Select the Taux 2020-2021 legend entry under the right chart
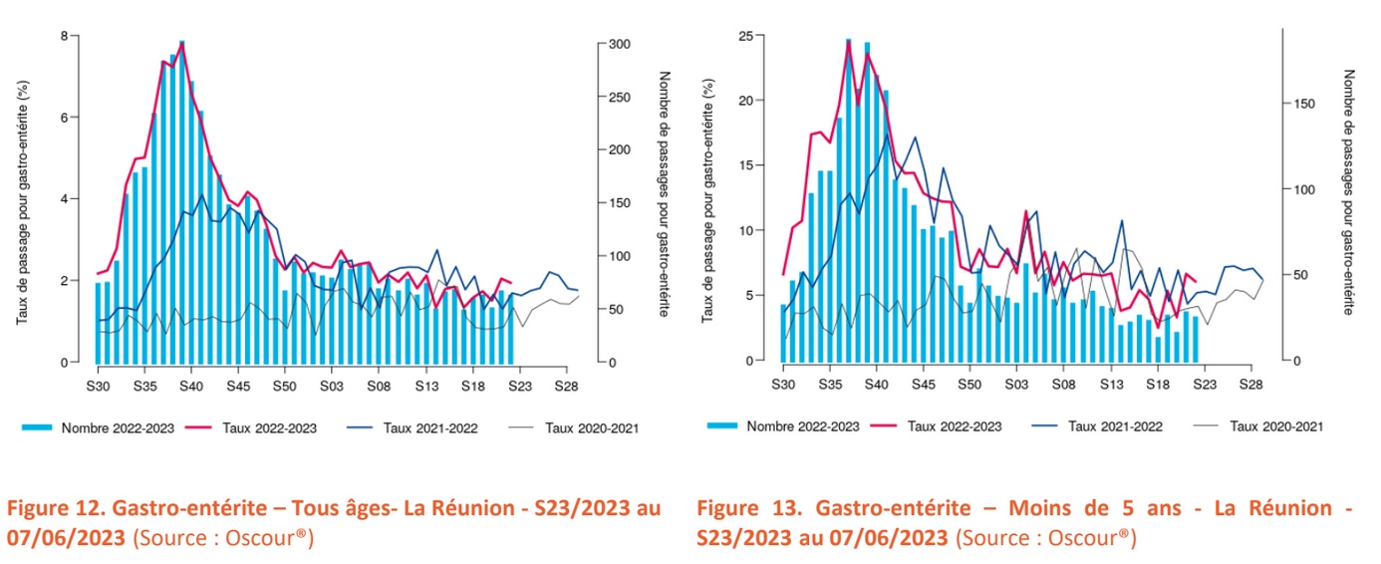(1275, 426)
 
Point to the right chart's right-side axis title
(1349, 191)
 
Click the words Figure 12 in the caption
(56, 508)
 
